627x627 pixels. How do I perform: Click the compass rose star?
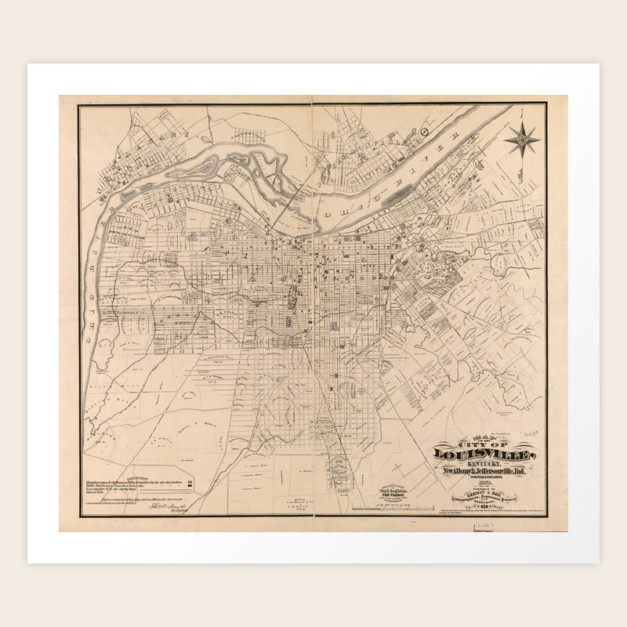pyautogui.click(x=522, y=140)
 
